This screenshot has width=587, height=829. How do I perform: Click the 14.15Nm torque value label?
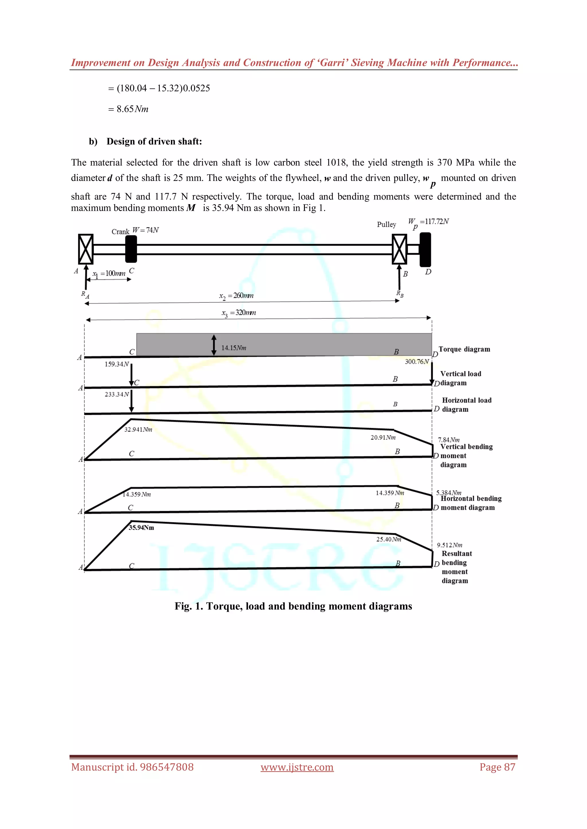tap(234, 348)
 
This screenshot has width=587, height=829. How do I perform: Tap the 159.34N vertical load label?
tap(116, 364)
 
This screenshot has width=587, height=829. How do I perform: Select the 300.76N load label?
tap(417, 361)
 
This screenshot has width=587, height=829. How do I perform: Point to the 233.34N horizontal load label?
tap(116, 394)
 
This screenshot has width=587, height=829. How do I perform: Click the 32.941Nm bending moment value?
tap(138, 429)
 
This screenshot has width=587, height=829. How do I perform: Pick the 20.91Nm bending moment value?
tap(383, 437)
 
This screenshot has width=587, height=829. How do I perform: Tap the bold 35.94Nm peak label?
tap(141, 527)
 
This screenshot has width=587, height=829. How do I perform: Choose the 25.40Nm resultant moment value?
tap(389, 539)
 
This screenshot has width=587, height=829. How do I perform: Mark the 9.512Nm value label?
tap(449, 545)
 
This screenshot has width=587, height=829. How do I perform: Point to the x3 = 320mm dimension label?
tap(238, 313)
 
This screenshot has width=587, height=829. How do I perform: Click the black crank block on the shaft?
tap(131, 249)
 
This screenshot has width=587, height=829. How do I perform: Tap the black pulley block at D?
tap(425, 249)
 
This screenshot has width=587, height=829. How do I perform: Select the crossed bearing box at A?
tap(86, 249)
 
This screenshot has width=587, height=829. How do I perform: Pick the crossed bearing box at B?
tap(399, 249)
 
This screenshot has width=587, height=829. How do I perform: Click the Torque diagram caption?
tap(464, 349)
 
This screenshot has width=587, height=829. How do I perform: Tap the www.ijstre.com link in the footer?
tap(297, 767)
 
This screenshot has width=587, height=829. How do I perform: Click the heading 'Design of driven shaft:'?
tap(154, 141)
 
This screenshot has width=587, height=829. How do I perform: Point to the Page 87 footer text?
tap(497, 767)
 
